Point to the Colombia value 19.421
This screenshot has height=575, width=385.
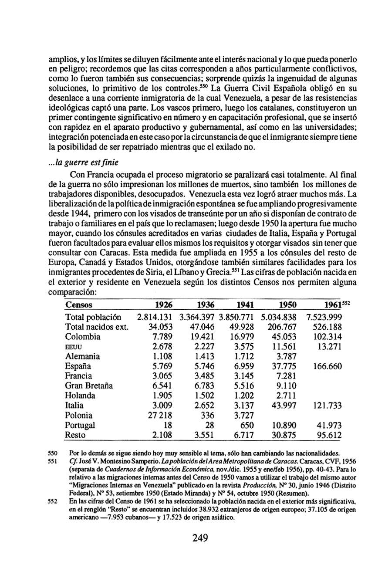203,336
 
